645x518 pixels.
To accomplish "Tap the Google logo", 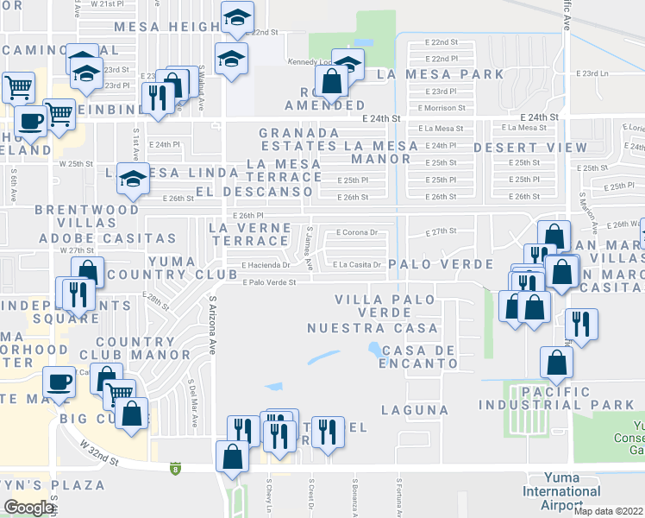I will (x=28, y=508).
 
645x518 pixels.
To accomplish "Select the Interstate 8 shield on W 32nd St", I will (x=176, y=468).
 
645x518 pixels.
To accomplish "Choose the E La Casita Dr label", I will (x=357, y=264).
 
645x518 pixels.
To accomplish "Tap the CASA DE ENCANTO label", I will (x=419, y=357).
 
